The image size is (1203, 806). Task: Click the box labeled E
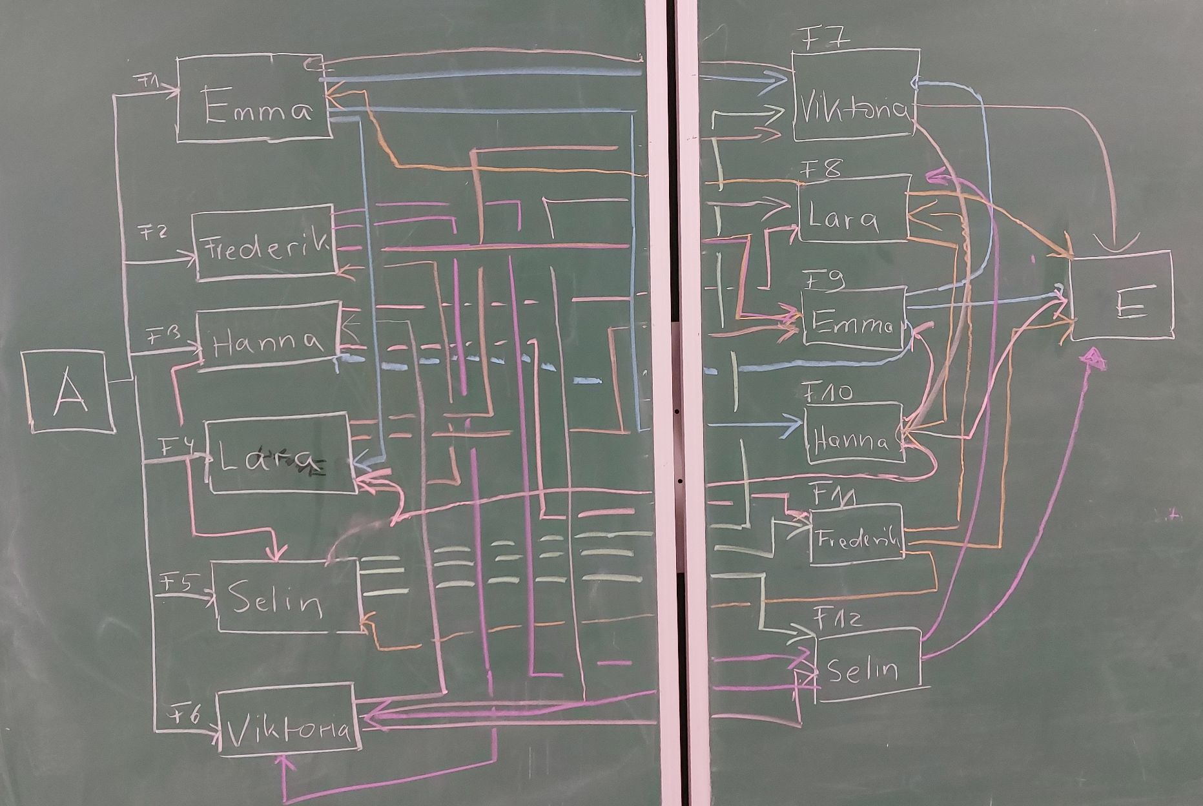click(1122, 294)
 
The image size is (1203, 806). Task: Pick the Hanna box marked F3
click(269, 338)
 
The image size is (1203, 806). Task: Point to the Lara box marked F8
click(852, 212)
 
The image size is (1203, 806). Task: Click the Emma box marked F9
click(853, 318)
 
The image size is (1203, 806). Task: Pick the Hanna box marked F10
click(854, 432)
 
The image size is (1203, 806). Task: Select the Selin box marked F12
click(868, 665)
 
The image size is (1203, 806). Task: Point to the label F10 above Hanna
click(827, 390)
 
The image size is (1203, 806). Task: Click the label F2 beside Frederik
click(154, 232)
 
